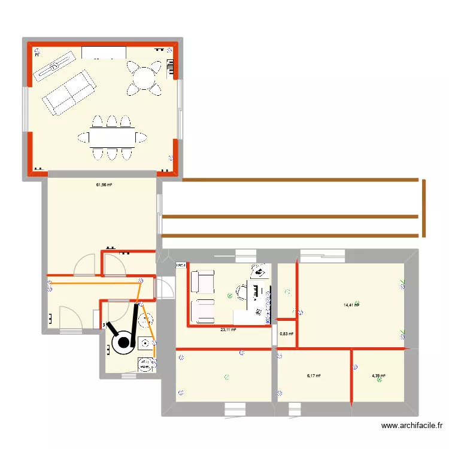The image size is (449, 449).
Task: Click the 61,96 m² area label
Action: (105, 185)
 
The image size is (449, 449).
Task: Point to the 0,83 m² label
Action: (287, 333)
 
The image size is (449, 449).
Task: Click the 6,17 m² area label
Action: (314, 376)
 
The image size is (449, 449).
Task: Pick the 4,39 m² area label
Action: (378, 376)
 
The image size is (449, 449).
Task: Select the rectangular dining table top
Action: (112, 138)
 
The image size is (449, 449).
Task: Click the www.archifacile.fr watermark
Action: (412, 426)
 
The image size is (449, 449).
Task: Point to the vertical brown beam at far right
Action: (424, 208)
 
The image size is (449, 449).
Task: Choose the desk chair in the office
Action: (243, 292)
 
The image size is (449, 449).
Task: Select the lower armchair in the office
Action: (202, 310)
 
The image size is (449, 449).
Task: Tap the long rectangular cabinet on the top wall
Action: (104, 51)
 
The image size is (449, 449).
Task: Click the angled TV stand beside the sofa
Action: (53, 65)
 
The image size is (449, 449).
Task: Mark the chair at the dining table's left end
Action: (83, 138)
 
